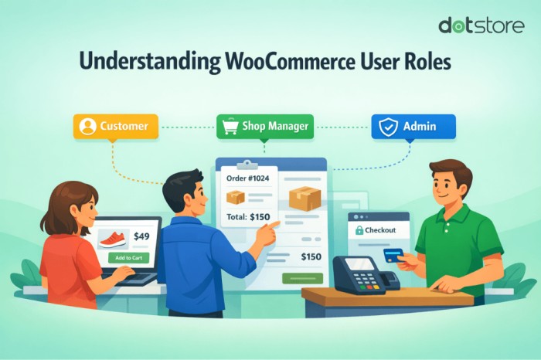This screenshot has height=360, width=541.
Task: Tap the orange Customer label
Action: coord(115,126)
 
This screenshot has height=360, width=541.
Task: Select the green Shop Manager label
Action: coord(264,127)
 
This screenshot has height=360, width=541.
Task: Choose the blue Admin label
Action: coord(413,126)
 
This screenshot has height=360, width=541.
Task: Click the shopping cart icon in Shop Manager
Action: coord(229,127)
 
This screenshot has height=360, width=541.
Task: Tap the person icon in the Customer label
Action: coord(87,126)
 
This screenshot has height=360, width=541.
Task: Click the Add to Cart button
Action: coord(128,256)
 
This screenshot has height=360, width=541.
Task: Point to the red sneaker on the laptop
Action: coord(114,238)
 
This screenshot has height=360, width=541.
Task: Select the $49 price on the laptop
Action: coord(142,236)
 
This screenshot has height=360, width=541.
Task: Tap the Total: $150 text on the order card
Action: coord(250,216)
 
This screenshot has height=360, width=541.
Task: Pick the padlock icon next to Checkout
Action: coord(359,230)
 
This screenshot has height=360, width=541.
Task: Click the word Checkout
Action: coord(380,230)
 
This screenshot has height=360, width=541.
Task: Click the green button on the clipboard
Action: coord(302,278)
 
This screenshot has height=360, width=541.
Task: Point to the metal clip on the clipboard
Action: coord(248,164)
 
